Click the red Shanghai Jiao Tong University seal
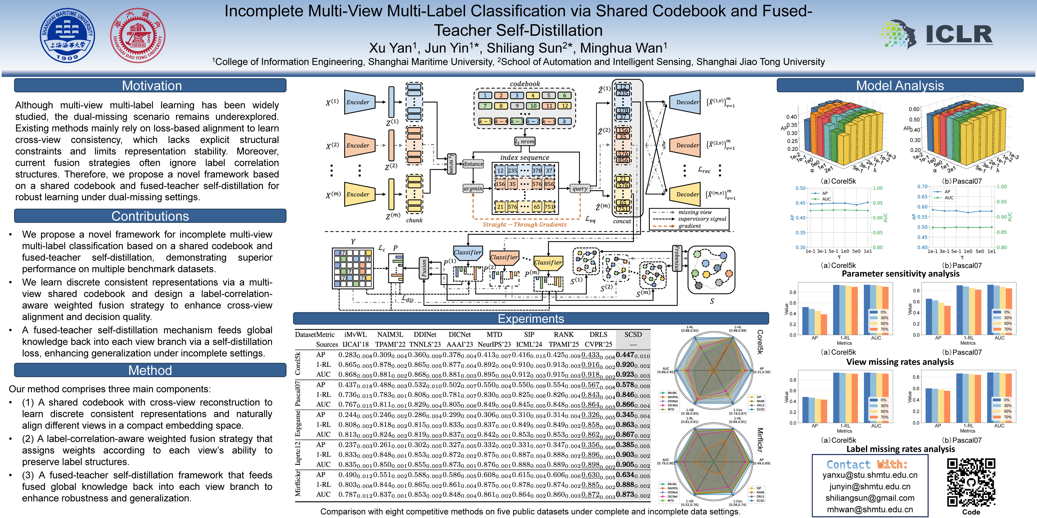coord(138,35)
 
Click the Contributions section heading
coord(150,216)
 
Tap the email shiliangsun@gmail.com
coord(870,498)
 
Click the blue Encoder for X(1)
coord(358,102)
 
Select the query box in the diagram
coord(580,188)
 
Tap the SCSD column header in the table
coord(633,335)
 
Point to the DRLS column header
coord(598,335)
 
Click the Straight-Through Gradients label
coord(525,224)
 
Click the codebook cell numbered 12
coord(565,106)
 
